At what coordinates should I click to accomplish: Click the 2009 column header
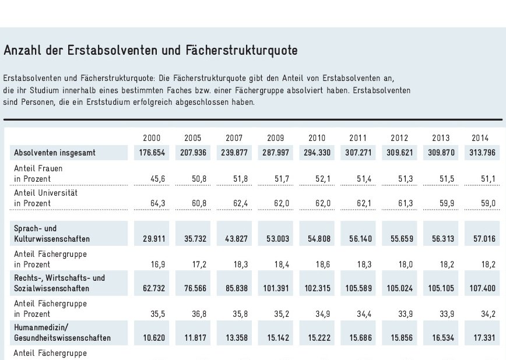[x=276, y=138]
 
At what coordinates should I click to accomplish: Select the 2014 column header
[x=480, y=138]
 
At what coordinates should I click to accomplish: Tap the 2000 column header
[x=152, y=138]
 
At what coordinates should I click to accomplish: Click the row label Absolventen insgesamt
[x=54, y=153]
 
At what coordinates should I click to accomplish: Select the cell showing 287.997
[x=272, y=153]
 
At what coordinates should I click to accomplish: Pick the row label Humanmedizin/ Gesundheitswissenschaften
[x=61, y=332]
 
